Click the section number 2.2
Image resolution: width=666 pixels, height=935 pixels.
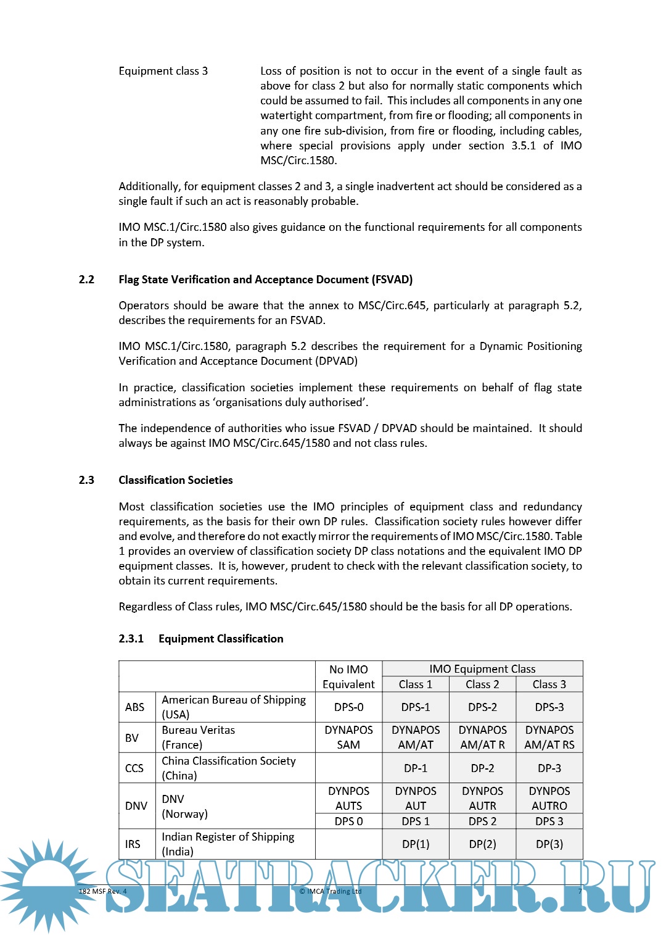click(x=86, y=280)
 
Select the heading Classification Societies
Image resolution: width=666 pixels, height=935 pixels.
click(x=176, y=480)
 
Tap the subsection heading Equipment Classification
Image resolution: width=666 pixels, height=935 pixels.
click(x=221, y=639)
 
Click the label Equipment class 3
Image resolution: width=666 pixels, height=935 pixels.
click(x=163, y=71)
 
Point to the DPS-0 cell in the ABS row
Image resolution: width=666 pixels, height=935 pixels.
click(x=348, y=707)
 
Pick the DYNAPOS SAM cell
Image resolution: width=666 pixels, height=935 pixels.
click(x=348, y=738)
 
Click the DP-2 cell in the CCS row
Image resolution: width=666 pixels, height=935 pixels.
click(x=482, y=768)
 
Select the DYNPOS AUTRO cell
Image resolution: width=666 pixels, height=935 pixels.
click(x=549, y=799)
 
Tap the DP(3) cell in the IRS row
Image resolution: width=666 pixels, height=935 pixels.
click(x=549, y=844)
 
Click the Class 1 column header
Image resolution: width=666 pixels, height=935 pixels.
click(x=415, y=684)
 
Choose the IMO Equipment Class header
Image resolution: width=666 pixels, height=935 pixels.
click(x=482, y=669)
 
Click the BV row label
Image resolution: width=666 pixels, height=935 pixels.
click(x=132, y=738)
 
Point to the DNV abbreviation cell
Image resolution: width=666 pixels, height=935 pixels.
click(x=136, y=806)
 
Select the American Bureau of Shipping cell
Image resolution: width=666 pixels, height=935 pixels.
click(x=234, y=707)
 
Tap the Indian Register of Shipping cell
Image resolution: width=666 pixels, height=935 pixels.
click(x=228, y=844)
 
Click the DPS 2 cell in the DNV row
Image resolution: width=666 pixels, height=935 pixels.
click(x=482, y=821)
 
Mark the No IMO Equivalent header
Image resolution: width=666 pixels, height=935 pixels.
click(x=348, y=677)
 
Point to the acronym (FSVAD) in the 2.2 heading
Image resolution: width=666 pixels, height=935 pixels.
click(x=392, y=280)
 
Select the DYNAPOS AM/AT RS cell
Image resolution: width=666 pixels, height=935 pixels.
click(x=549, y=738)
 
